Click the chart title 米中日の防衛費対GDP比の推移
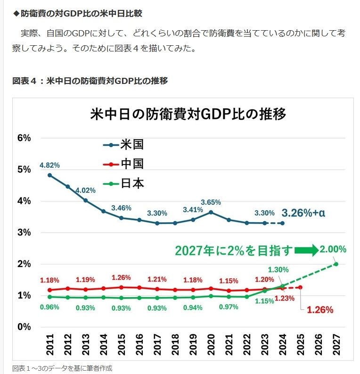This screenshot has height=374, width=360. point(188,115)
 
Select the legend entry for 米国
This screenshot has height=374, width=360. point(123,144)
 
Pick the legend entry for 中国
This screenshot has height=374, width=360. point(123,164)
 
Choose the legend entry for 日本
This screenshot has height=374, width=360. point(123,183)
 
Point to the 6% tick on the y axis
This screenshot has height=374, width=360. point(24,138)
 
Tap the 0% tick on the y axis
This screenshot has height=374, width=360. point(24,326)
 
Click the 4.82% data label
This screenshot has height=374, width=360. point(49,165)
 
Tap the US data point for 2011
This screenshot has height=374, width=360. point(50,175)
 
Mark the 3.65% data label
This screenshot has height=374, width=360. point(211,202)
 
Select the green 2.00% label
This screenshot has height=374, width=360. point(334,249)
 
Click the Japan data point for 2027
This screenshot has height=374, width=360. point(335,264)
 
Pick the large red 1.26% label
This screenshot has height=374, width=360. point(320,310)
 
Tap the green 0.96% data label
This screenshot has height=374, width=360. point(49,308)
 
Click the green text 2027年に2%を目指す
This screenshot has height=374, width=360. point(234,250)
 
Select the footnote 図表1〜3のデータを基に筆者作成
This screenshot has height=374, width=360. point(62,368)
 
